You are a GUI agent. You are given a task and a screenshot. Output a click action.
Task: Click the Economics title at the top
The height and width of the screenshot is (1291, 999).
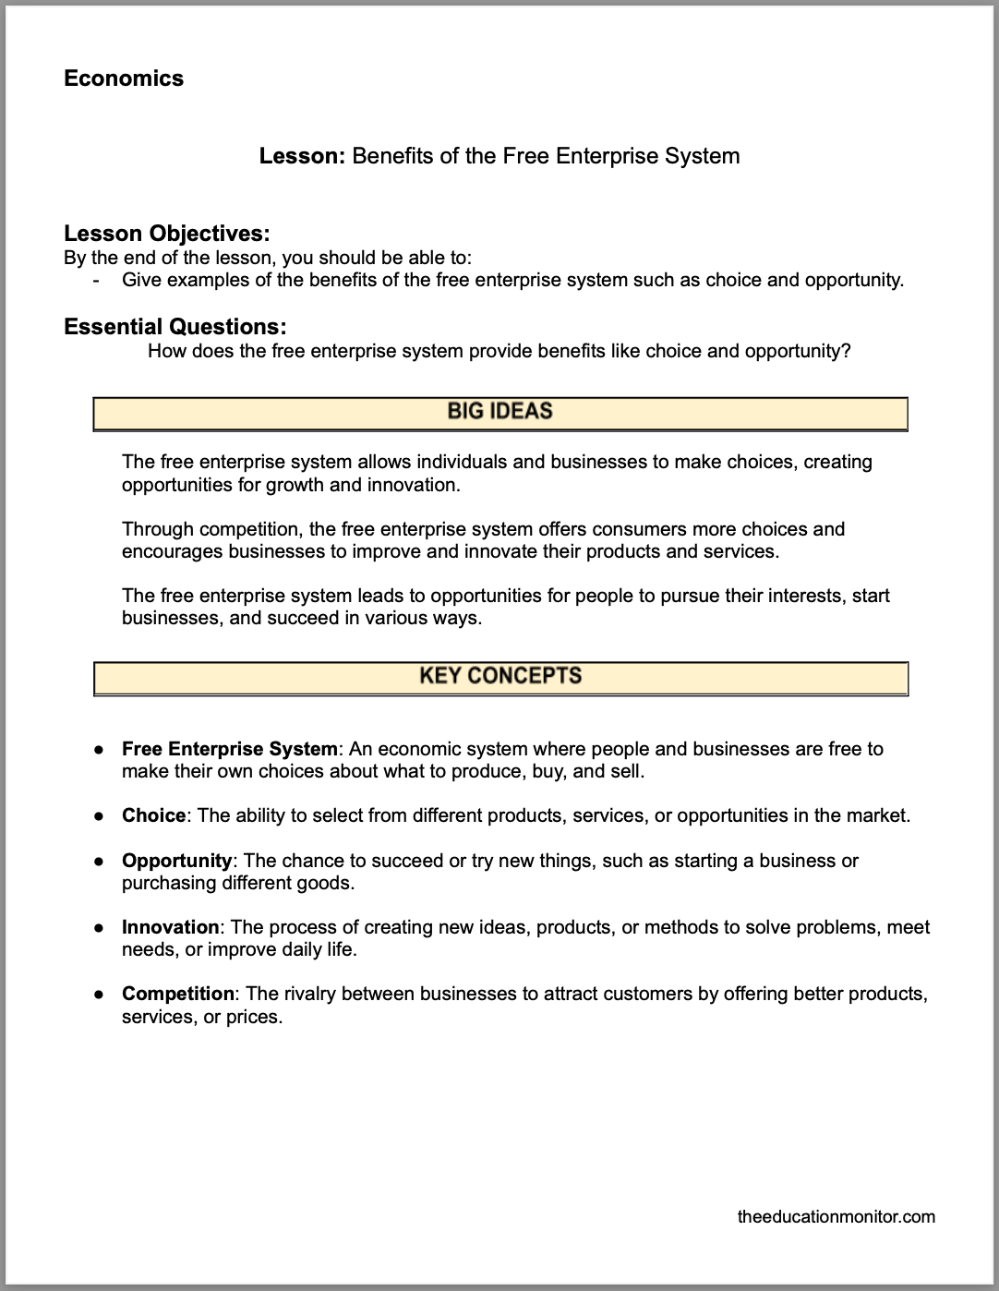124,78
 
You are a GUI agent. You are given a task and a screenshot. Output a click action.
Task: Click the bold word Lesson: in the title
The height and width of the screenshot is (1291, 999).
302,156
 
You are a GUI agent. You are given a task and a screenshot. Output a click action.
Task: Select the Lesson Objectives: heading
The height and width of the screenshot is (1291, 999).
166,234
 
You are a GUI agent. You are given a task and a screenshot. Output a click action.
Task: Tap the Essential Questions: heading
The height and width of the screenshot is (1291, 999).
175,327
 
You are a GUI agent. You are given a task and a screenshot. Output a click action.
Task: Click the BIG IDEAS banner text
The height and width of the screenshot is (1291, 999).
499,412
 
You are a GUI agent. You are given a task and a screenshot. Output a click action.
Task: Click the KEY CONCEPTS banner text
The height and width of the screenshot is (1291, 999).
499,676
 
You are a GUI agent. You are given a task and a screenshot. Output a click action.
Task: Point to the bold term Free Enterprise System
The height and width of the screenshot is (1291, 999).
230,749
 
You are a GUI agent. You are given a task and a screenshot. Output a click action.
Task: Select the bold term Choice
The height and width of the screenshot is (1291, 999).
153,815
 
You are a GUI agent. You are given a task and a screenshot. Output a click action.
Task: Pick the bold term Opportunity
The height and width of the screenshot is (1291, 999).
176,861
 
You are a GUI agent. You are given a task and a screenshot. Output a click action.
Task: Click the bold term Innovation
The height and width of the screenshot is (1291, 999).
170,927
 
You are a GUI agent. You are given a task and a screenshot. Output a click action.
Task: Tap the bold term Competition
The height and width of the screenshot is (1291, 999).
178,994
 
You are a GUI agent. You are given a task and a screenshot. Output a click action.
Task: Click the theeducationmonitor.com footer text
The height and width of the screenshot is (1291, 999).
837,1216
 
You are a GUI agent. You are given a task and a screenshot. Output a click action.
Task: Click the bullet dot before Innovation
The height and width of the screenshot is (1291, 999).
98,928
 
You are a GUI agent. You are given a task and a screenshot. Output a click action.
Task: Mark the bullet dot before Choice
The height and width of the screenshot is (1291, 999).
98,816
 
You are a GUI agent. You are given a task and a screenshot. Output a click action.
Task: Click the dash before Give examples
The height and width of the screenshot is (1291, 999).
96,280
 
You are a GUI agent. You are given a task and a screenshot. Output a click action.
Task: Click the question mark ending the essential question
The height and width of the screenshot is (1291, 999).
846,351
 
